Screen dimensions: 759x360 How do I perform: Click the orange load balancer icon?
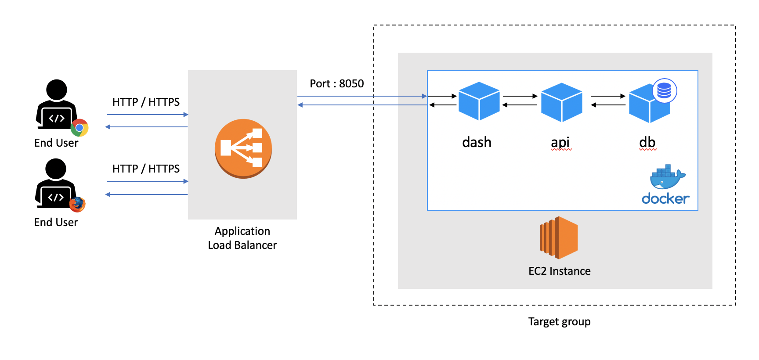tap(243, 148)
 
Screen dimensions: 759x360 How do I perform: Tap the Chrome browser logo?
tap(80, 128)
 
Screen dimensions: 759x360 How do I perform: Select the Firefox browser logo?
tap(77, 204)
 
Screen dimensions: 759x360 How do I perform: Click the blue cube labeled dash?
tap(479, 101)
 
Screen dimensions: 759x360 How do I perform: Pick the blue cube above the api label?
tap(562, 102)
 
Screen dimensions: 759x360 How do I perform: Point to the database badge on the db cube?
tap(665, 91)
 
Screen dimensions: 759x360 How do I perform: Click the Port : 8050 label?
tap(337, 83)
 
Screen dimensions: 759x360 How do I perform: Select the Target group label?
tap(559, 322)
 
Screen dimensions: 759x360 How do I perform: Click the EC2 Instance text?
tap(560, 271)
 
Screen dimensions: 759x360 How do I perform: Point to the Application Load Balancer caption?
tap(242, 238)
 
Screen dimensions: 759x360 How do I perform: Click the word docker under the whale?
tap(665, 199)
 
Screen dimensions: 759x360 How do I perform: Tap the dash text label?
tap(477, 142)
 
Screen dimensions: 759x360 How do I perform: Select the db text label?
tap(647, 142)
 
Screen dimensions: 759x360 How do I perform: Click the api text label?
tap(560, 143)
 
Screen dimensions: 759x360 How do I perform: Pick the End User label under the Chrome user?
tap(56, 143)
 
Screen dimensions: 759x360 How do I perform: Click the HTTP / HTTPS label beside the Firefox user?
tap(146, 169)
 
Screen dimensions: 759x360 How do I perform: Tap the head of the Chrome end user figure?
tap(57, 90)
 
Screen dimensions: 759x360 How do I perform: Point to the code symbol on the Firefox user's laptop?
tap(56, 197)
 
